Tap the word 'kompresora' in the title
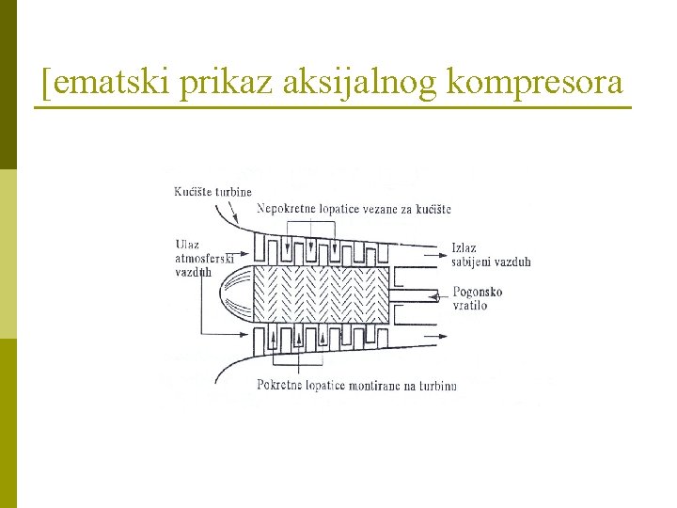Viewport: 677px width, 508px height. coord(535,84)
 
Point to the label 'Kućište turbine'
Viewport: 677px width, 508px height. coord(213,192)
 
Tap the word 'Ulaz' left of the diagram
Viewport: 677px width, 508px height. coord(187,246)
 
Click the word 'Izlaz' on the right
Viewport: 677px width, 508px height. coord(464,248)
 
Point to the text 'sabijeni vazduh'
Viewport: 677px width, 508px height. coord(491,262)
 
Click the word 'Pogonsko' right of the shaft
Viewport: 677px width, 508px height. coord(478,292)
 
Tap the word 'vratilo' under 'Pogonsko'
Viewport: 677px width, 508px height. coord(470,306)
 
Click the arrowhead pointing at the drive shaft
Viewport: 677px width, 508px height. coord(437,297)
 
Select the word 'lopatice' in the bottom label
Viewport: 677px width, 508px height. coord(330,385)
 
